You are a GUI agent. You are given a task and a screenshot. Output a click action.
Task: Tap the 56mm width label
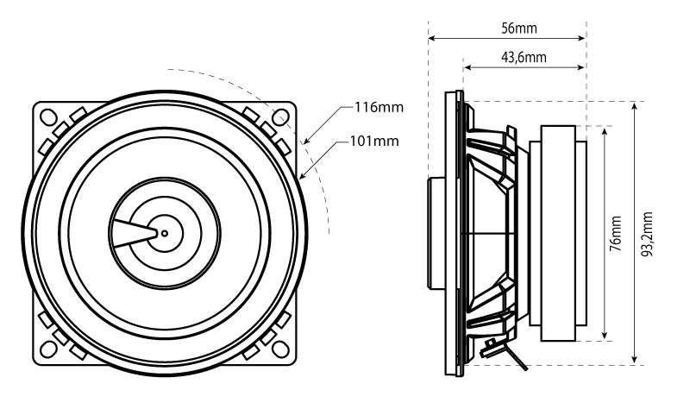(518, 28)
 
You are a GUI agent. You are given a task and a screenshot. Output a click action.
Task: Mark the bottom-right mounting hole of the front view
(280, 350)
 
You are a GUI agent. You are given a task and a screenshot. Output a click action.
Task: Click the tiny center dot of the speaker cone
(164, 233)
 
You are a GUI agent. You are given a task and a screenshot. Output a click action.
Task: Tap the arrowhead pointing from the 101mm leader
(303, 175)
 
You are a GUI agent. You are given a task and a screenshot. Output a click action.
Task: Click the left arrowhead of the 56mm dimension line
(431, 39)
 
